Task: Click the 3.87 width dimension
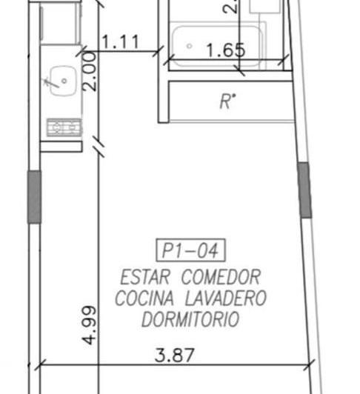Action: coord(176,355)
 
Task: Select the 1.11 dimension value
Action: coord(120,42)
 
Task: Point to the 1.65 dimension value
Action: coord(224,50)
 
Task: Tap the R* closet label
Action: coord(227,101)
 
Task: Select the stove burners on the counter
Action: coord(64,127)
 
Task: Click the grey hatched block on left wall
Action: coord(34,196)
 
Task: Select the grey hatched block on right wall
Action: coord(304,190)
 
